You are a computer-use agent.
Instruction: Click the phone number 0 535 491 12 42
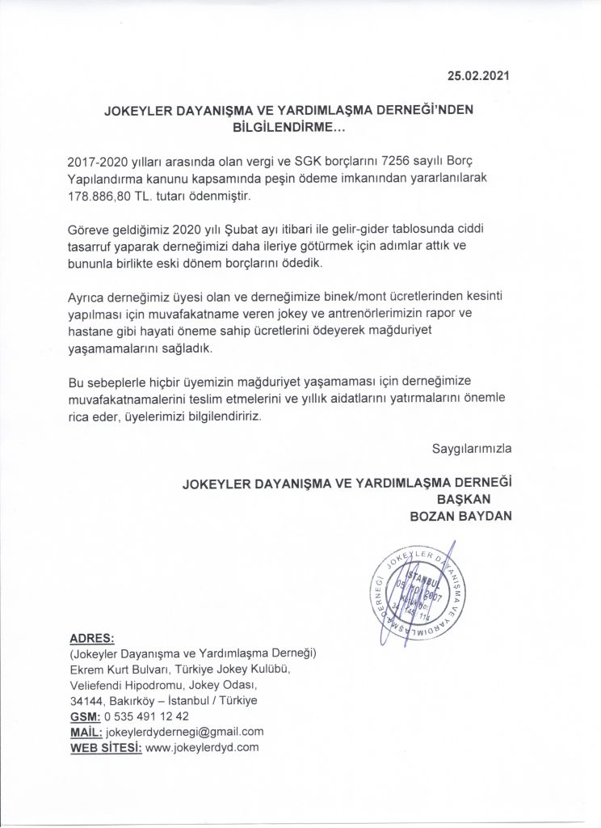point(148,716)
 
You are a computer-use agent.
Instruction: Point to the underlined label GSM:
point(85,716)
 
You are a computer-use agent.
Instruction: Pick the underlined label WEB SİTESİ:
point(106,748)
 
